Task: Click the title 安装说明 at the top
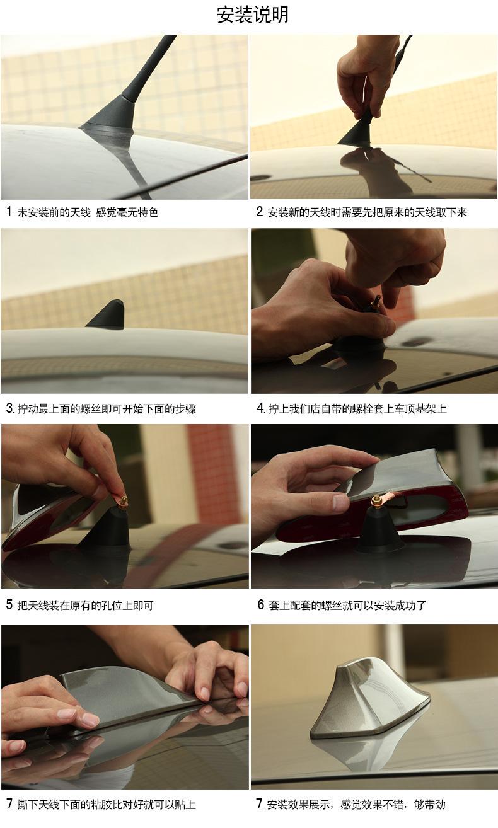[x=252, y=15]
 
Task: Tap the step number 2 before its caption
[x=260, y=212]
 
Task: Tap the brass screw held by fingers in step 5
[x=122, y=500]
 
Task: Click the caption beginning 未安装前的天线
[x=88, y=212]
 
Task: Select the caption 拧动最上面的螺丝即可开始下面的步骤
[x=107, y=408]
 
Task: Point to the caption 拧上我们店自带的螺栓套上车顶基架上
[x=357, y=408]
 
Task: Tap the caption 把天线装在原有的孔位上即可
[x=85, y=605]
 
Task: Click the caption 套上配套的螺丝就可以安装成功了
[x=347, y=605]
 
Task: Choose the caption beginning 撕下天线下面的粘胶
[x=107, y=804]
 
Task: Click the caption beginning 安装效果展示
[x=356, y=804]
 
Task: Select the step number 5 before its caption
[x=10, y=605]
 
